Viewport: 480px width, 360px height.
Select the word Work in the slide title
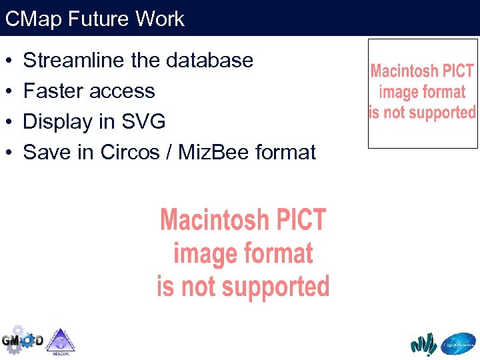[159, 19]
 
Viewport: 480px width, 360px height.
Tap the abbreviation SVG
[143, 122]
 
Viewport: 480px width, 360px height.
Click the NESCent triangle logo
[61, 341]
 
